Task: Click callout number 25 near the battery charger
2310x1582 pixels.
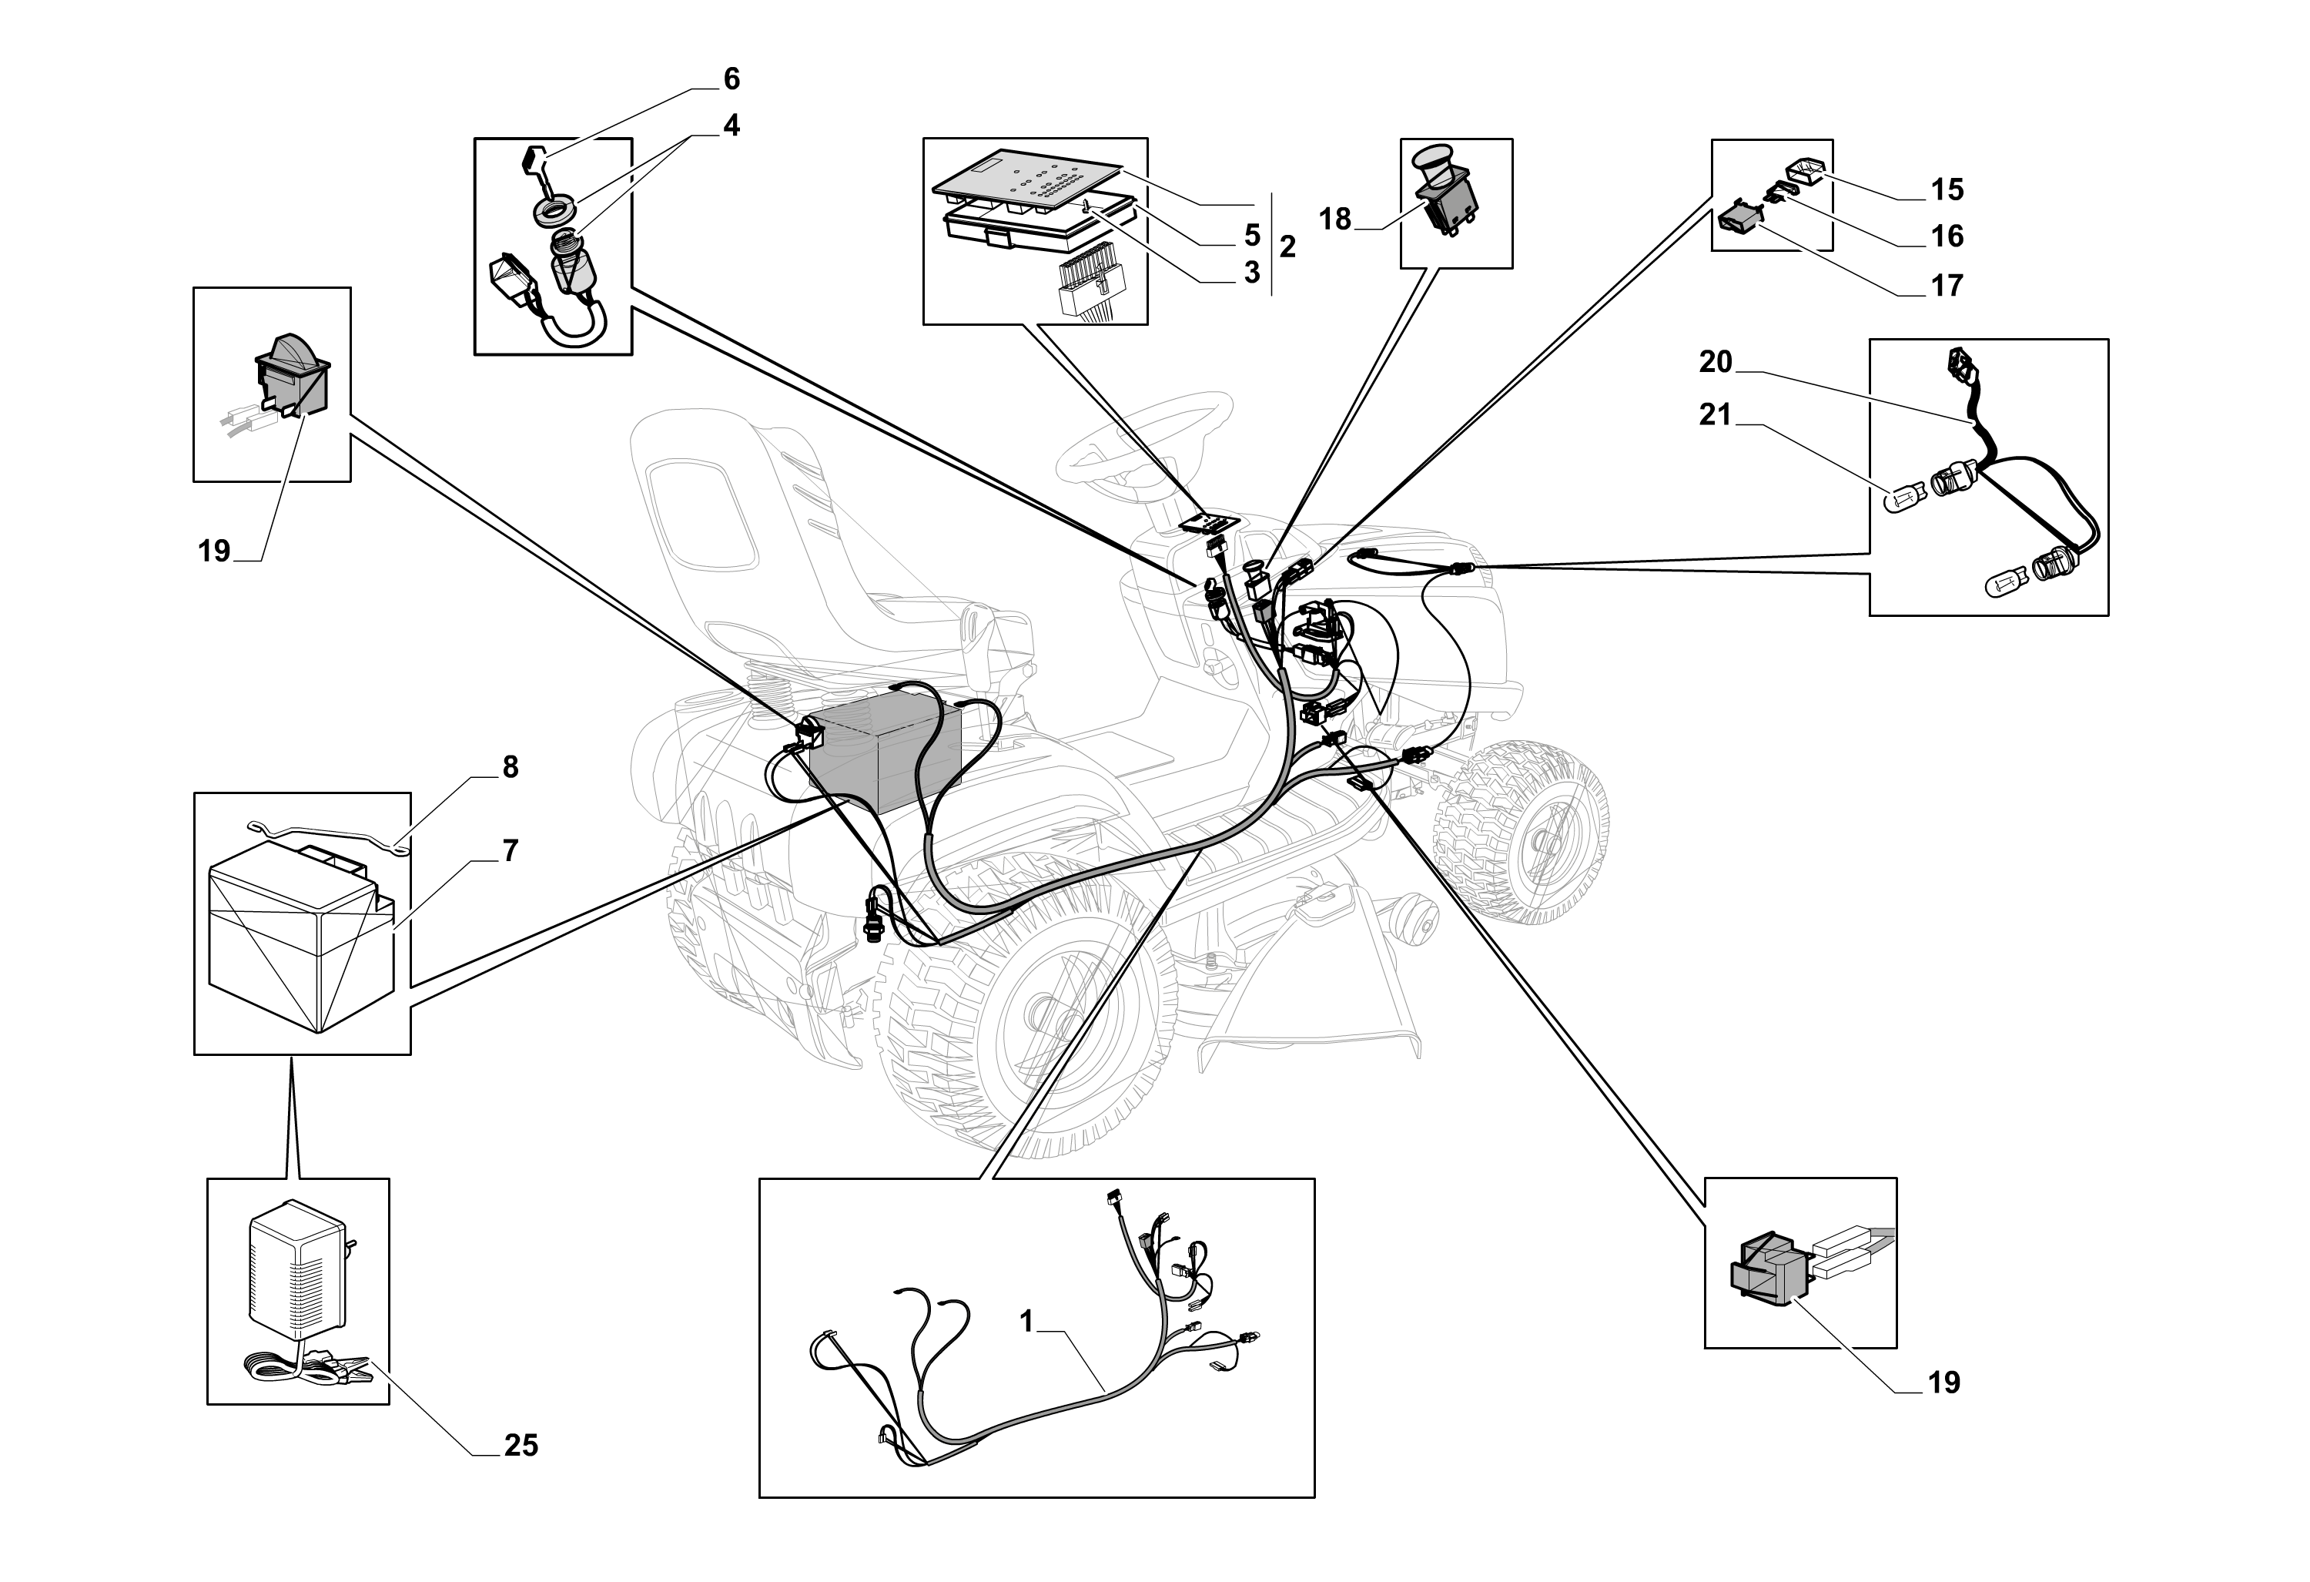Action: click(x=521, y=1445)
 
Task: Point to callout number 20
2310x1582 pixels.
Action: click(x=1716, y=362)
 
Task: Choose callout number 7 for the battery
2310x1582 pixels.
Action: click(x=510, y=851)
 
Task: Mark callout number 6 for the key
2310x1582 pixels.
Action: click(x=731, y=79)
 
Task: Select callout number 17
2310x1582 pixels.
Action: click(x=1947, y=286)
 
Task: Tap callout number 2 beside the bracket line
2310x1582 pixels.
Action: click(x=1288, y=246)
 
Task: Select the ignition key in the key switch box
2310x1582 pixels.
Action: click(x=534, y=165)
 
